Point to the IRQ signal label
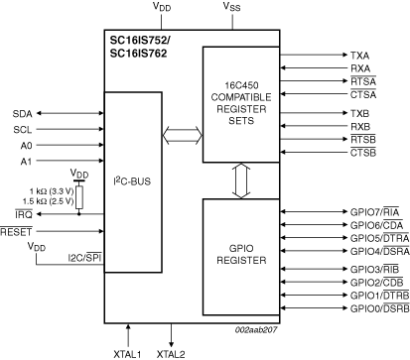[x=23, y=213]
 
